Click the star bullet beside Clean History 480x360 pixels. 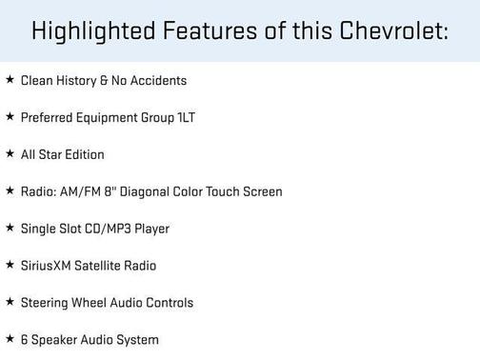(10, 81)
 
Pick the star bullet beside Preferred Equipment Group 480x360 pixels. (10, 117)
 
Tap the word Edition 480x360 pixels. (83, 154)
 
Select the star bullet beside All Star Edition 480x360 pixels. (10, 154)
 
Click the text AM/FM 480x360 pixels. (81, 191)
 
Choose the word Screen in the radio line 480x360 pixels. (261, 191)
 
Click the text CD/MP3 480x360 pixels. (110, 229)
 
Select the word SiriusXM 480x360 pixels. (47, 266)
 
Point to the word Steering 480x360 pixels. (45, 303)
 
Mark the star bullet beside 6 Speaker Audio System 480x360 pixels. (10, 339)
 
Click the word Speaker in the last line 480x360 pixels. (54, 340)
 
